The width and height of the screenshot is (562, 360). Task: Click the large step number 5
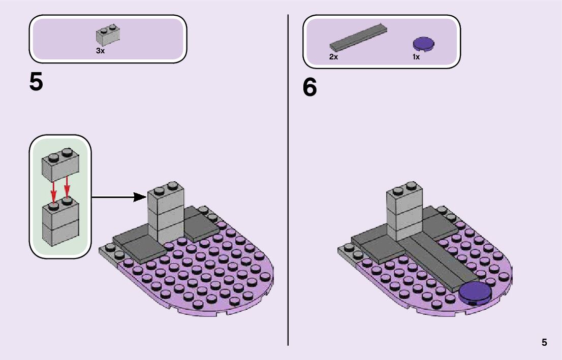tap(36, 82)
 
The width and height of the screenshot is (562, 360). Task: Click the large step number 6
tap(309, 88)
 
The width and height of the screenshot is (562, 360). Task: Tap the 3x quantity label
tap(100, 51)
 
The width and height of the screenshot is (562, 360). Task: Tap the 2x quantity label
tap(333, 57)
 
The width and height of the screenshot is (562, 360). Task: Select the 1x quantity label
tap(416, 57)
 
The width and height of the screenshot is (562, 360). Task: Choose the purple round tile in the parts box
tap(424, 45)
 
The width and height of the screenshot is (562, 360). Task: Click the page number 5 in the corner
tap(544, 342)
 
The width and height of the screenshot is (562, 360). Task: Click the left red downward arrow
tap(53, 190)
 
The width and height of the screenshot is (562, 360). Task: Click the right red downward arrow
tap(67, 187)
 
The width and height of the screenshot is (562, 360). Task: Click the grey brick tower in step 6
tap(404, 211)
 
